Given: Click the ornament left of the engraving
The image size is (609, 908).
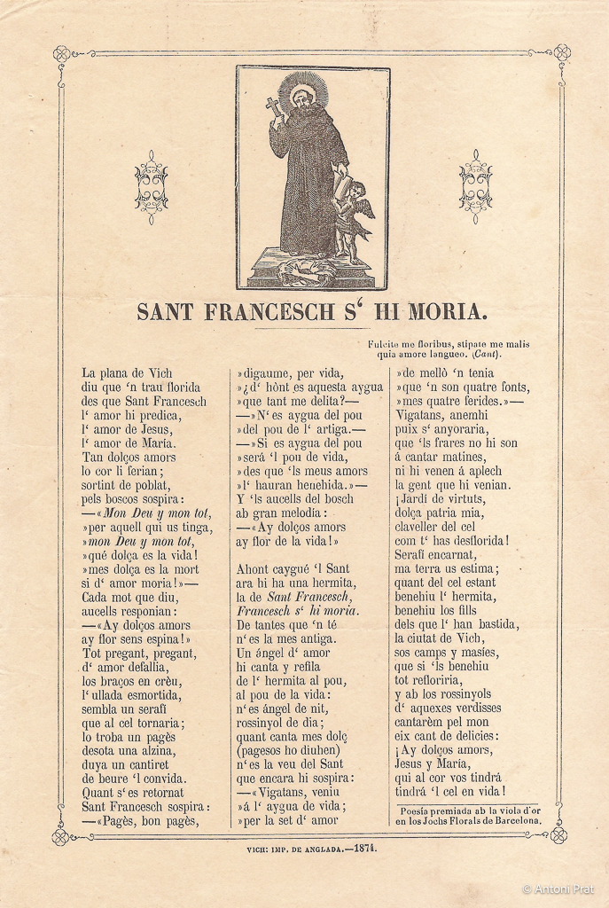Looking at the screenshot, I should (x=152, y=186).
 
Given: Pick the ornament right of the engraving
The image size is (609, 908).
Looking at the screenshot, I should (x=476, y=186).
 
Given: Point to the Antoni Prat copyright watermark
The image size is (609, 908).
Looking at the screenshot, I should (x=558, y=888).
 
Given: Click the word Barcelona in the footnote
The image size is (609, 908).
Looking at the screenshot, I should (x=511, y=821).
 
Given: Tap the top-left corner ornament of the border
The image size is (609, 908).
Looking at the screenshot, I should (x=61, y=53).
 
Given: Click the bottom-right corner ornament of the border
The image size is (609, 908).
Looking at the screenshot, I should (x=558, y=834).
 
